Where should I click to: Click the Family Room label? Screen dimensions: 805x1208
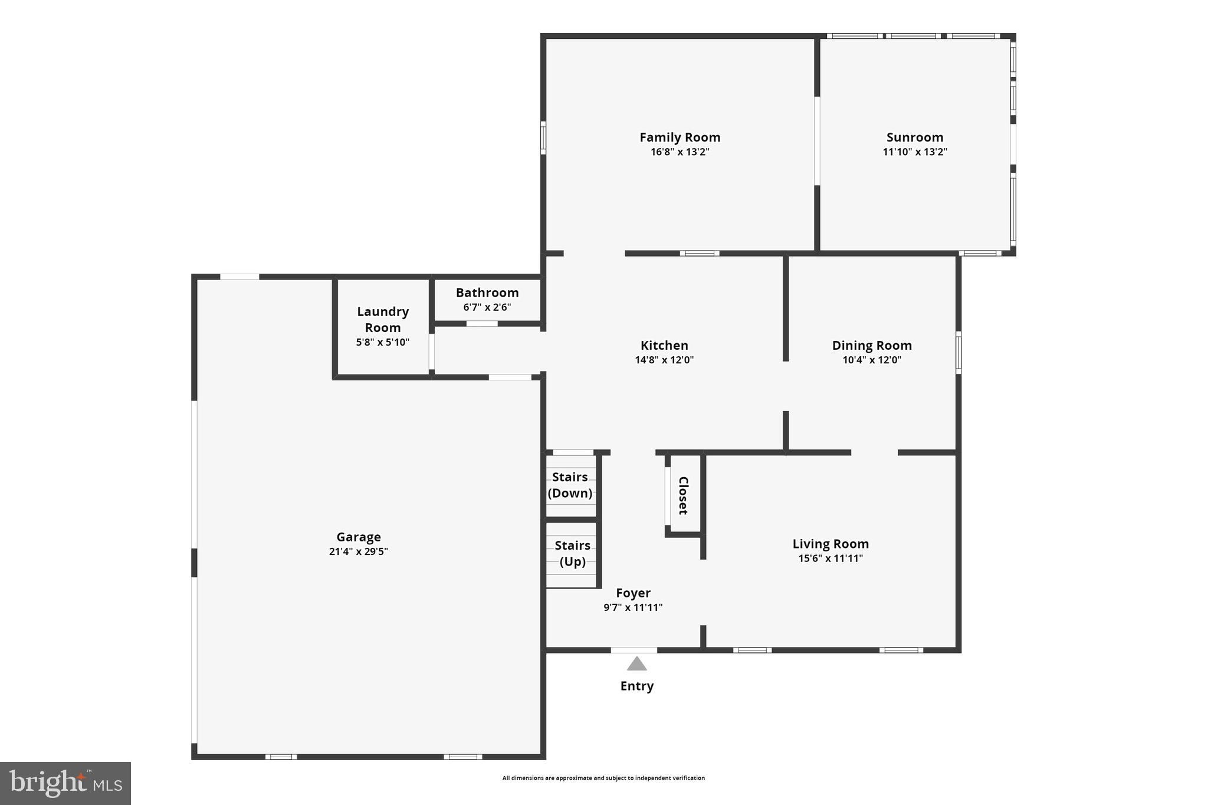[679, 137]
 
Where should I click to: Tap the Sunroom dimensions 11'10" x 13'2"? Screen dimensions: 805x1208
[914, 152]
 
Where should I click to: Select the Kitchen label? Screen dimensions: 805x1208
[664, 346]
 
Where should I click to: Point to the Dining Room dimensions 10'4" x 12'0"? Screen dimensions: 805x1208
[871, 360]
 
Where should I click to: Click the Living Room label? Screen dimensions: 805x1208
[830, 544]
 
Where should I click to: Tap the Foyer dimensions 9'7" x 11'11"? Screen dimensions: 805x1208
[633, 608]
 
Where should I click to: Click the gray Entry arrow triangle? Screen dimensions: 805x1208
[636, 665]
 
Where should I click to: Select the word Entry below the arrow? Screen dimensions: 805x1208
[636, 686]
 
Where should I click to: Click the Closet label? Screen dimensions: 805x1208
[683, 495]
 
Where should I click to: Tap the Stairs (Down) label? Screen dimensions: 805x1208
[570, 485]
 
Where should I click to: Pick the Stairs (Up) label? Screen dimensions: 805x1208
[572, 553]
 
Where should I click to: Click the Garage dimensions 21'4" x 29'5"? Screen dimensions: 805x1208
[358, 552]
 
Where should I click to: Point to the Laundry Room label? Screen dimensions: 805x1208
[382, 319]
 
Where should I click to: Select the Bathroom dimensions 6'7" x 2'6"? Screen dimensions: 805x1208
[487, 307]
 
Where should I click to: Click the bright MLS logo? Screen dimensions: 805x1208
[65, 783]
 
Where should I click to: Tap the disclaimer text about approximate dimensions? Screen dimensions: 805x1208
[603, 778]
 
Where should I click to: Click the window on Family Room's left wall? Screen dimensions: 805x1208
[543, 137]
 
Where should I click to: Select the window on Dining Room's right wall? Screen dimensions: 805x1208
[958, 353]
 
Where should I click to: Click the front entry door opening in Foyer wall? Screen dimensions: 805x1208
[633, 650]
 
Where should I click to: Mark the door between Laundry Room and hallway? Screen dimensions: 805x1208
[432, 352]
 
